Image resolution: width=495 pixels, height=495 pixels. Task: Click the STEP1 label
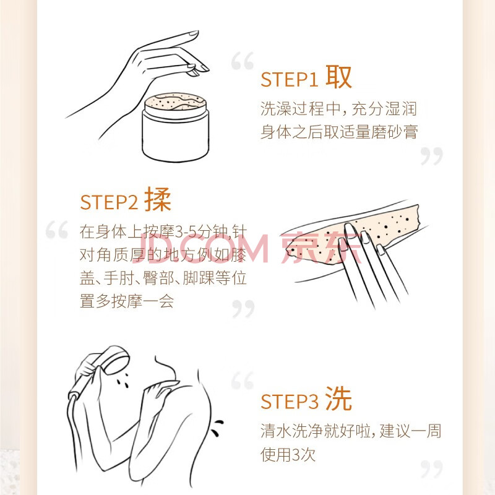(x=289, y=79)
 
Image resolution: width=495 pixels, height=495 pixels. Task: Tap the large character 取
(x=338, y=77)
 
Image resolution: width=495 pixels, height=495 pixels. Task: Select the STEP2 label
(x=109, y=202)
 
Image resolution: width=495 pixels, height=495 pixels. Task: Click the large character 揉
(x=158, y=199)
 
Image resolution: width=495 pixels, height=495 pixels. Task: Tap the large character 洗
(x=338, y=398)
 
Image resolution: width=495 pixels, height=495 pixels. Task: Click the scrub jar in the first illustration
(x=176, y=127)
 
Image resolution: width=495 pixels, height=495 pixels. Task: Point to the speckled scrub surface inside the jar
(x=176, y=102)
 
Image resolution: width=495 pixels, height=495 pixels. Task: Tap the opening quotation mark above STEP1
(x=243, y=61)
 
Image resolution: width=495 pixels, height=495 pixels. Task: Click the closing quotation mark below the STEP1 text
(x=431, y=156)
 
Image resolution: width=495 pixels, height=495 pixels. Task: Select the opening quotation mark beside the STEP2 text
(x=57, y=229)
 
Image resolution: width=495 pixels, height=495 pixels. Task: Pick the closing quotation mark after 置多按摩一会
(x=243, y=309)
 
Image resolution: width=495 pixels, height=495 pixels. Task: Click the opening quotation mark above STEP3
(x=243, y=381)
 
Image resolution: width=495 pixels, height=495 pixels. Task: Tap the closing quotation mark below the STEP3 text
(x=431, y=469)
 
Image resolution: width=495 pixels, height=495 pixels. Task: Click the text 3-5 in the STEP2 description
(x=187, y=232)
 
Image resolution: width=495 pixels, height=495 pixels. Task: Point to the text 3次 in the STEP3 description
(x=304, y=455)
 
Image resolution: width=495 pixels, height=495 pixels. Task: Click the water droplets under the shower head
(x=123, y=381)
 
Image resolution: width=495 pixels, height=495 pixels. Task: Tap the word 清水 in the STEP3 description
(x=276, y=431)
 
